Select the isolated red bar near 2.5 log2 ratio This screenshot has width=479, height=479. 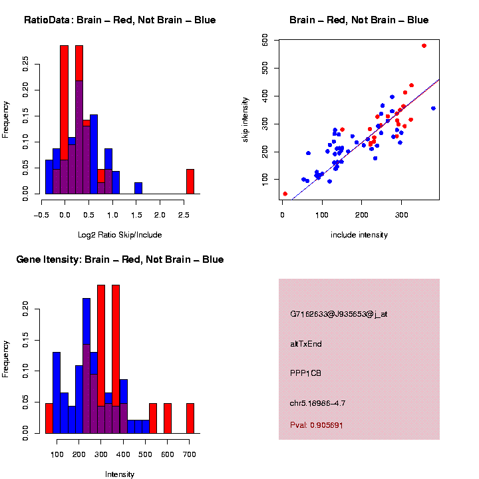[190, 182]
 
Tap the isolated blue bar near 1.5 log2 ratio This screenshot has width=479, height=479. [138, 188]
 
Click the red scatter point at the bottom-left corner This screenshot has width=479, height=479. [285, 194]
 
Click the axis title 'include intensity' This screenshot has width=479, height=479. [359, 235]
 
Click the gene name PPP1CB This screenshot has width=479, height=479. [306, 373]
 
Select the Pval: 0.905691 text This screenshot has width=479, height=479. [317, 425]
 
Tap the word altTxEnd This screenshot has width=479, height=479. [306, 344]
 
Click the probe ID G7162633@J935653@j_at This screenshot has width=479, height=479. [339, 314]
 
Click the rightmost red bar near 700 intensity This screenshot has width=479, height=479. [190, 418]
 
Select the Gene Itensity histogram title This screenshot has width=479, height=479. [120, 259]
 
